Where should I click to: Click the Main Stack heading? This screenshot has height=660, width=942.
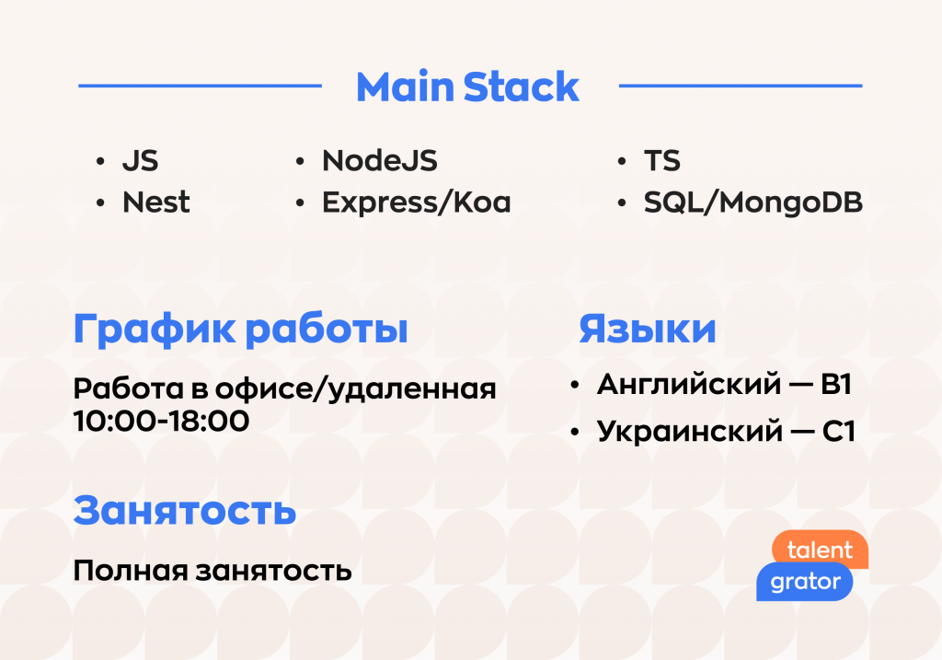(467, 87)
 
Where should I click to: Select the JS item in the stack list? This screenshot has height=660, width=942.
(141, 161)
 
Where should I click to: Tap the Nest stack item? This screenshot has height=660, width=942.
(156, 202)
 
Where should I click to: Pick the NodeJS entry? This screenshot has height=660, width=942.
(380, 161)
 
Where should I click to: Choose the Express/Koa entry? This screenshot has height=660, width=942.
(417, 203)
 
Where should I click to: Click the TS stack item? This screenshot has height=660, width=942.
(662, 161)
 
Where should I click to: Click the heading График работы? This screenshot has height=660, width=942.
(240, 330)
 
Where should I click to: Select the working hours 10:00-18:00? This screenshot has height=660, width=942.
(161, 421)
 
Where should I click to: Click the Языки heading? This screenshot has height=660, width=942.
(648, 329)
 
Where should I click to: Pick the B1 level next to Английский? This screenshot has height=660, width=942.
(836, 385)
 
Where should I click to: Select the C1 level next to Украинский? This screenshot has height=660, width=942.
(838, 432)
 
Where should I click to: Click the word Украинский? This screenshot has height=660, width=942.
(690, 432)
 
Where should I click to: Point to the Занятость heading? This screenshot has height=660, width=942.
(185, 511)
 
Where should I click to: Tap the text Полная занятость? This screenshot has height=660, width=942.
(213, 571)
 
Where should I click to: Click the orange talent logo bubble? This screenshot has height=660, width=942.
(821, 549)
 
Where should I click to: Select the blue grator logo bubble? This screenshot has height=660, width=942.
(804, 582)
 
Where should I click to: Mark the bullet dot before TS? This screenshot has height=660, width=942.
(622, 162)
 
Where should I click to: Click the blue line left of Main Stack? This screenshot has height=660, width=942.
(200, 86)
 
